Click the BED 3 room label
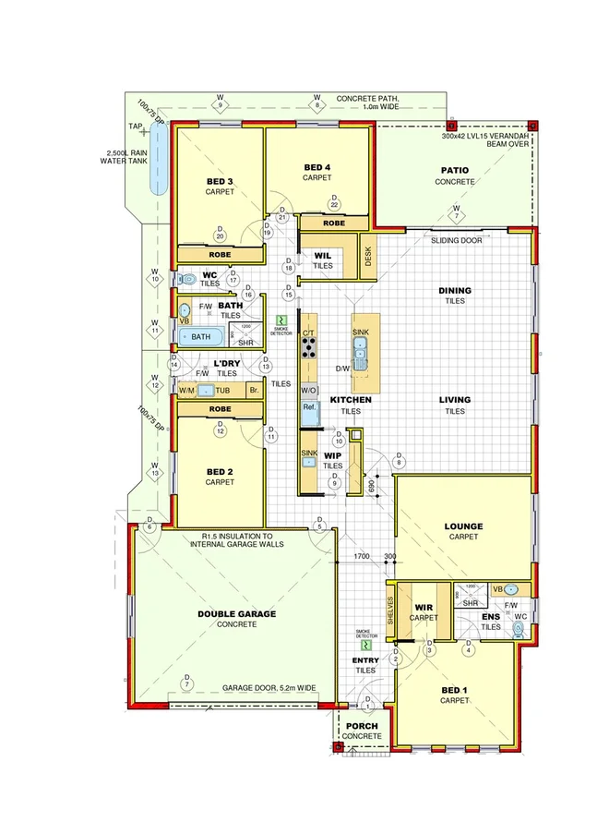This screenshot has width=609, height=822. [x=220, y=181]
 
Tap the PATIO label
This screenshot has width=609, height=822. [x=454, y=170]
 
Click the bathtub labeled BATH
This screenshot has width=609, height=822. [x=201, y=337]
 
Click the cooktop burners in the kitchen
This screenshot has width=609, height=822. [x=307, y=347]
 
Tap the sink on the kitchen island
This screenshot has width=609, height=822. [x=360, y=348]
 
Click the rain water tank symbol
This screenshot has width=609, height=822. [x=156, y=161]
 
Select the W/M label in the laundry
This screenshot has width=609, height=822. [x=187, y=391]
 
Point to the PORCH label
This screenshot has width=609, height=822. [x=363, y=725]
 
